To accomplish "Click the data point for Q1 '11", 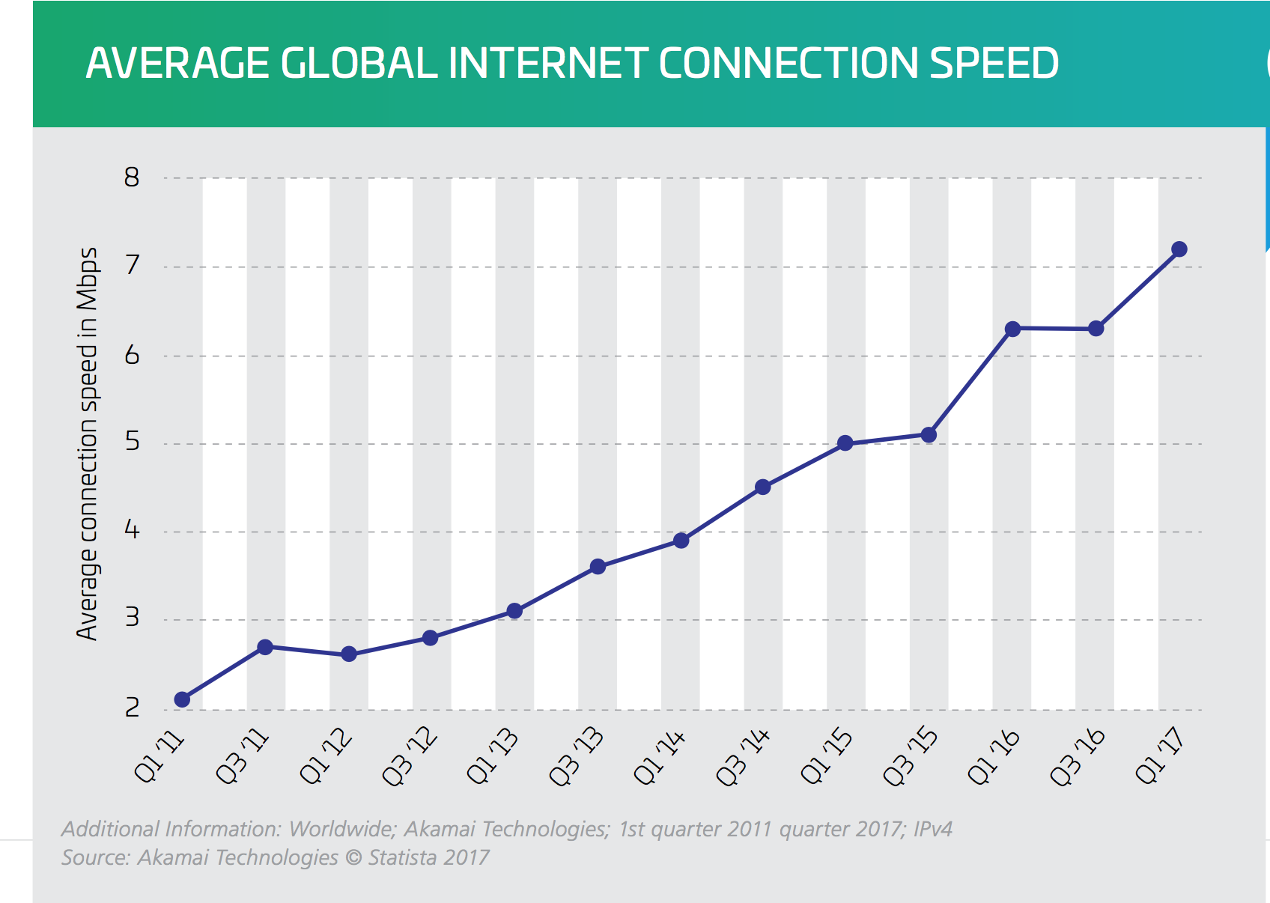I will click(182, 699).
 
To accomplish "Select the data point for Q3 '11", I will click(265, 647).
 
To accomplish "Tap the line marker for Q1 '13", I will click(514, 611).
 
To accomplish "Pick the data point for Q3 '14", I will click(763, 487).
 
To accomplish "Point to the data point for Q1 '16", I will click(1012, 329).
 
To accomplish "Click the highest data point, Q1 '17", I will click(1179, 249).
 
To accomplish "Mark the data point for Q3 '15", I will click(929, 435).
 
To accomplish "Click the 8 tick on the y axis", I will click(133, 178).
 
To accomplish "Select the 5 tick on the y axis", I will click(133, 443).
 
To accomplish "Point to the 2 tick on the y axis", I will click(133, 708).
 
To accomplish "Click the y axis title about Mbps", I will click(88, 443).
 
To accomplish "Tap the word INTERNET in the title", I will click(547, 63).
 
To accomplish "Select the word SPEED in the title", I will click(994, 63).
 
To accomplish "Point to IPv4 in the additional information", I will click(932, 829).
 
